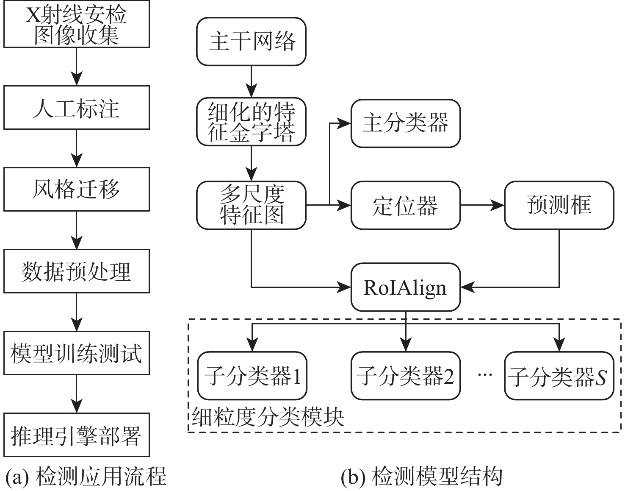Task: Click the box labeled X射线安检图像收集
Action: click(x=77, y=24)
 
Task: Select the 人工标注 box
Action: click(x=77, y=107)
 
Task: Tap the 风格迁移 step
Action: click(x=77, y=189)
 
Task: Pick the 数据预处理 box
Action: click(x=77, y=271)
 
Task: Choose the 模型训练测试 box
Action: click(x=77, y=353)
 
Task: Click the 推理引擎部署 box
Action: click(x=77, y=435)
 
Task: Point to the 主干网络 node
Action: click(x=251, y=42)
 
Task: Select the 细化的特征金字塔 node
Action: click(x=251, y=123)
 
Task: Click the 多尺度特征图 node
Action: click(x=251, y=205)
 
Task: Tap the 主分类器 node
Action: click(x=405, y=123)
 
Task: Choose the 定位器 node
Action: click(x=405, y=205)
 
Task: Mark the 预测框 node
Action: click(x=559, y=205)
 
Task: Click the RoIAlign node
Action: click(x=405, y=287)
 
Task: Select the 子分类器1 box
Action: click(x=252, y=376)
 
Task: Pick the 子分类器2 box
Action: click(x=405, y=376)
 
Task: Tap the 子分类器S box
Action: click(x=559, y=376)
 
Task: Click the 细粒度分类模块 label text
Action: click(x=268, y=417)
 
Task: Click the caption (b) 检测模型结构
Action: click(x=422, y=477)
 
